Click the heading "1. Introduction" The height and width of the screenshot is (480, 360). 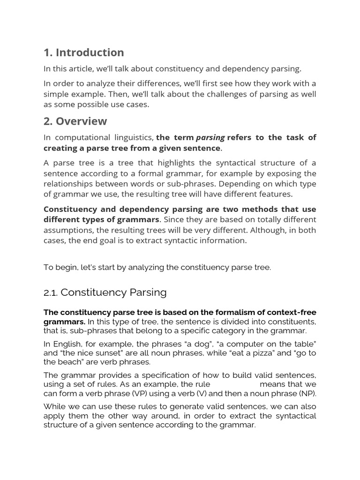[x=84, y=52]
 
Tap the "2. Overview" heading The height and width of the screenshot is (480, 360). [x=75, y=121]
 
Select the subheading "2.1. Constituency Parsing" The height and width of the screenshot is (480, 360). [x=105, y=292]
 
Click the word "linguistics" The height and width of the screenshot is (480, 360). [x=133, y=137]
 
